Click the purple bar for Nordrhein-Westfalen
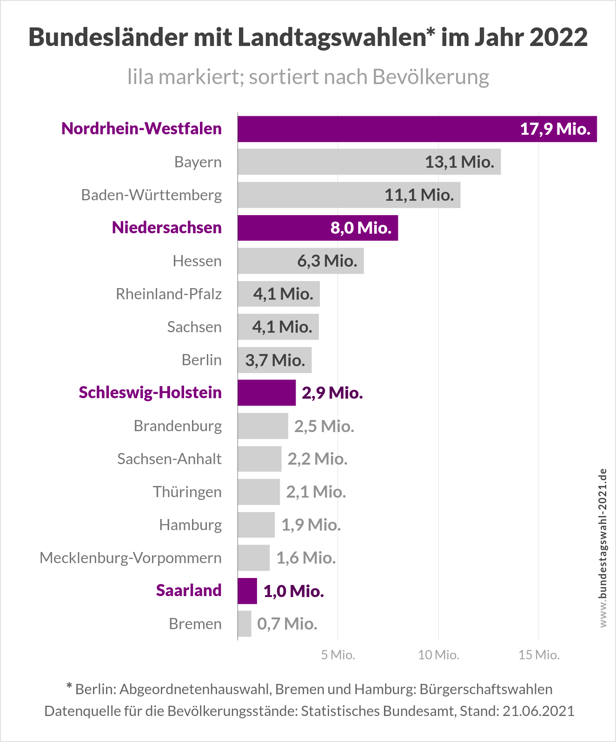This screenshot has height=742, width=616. [417, 129]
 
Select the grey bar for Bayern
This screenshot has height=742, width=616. [369, 162]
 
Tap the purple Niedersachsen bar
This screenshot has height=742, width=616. [318, 228]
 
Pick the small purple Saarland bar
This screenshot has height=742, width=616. [247, 591]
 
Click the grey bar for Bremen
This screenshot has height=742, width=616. [245, 624]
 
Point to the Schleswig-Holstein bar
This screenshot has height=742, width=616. [267, 393]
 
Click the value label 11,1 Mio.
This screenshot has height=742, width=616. [419, 195]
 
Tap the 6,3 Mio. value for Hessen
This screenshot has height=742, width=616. [327, 261]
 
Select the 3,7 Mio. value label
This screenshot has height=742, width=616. [275, 361]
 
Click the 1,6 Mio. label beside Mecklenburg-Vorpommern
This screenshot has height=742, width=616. [306, 558]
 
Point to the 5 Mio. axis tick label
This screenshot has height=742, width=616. [338, 655]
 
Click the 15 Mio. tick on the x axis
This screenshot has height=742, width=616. [539, 655]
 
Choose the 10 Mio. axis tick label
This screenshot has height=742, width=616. [438, 655]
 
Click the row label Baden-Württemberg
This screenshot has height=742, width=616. [152, 195]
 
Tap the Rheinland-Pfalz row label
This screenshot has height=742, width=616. [169, 294]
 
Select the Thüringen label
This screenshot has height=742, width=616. [187, 492]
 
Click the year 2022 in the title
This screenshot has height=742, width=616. [558, 37]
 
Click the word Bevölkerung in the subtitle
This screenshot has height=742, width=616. [431, 77]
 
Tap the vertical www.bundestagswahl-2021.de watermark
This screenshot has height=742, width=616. [603, 548]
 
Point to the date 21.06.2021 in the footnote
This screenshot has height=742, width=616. [538, 711]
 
